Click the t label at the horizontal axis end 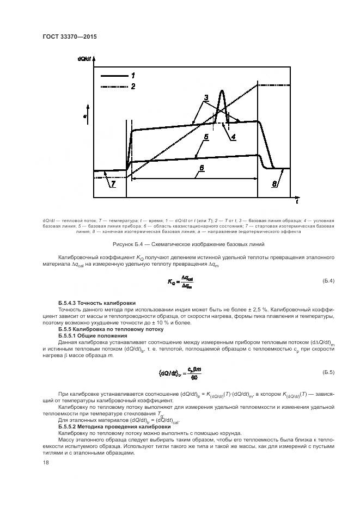tap(296, 202)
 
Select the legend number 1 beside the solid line tap(132, 75)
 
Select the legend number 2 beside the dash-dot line tap(132, 86)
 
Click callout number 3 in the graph tap(206, 99)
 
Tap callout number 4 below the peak tap(233, 137)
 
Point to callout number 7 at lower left tap(113, 185)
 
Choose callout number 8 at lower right tap(274, 185)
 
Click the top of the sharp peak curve tap(222, 90)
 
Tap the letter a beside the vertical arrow tap(85, 116)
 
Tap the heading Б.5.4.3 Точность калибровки tap(97, 302)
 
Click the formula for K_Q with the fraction tap(181, 281)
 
